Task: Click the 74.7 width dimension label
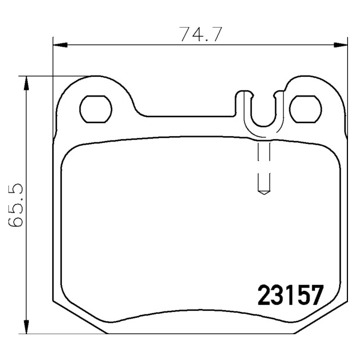pyautogui.click(x=200, y=34)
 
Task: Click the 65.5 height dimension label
pyautogui.click(x=16, y=205)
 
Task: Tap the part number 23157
pyautogui.click(x=290, y=295)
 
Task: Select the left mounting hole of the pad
pyautogui.click(x=96, y=109)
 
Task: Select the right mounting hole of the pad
pyautogui.click(x=305, y=109)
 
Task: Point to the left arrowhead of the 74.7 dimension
pyautogui.click(x=60, y=45)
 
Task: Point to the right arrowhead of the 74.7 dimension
pyautogui.click(x=340, y=45)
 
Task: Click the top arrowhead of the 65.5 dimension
pyautogui.click(x=26, y=83)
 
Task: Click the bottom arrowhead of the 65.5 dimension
pyautogui.click(x=26, y=326)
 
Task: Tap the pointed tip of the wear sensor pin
pyautogui.click(x=264, y=194)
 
